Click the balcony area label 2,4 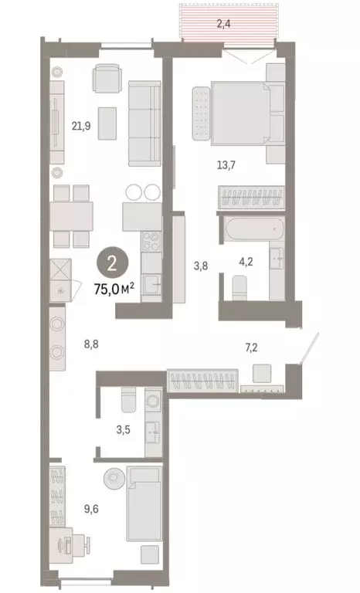tap(224, 24)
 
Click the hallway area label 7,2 tap(250, 348)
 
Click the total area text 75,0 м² tap(114, 288)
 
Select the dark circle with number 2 tap(114, 265)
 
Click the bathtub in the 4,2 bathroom tap(253, 229)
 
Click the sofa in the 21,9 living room tap(143, 119)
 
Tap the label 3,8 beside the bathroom tap(200, 266)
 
